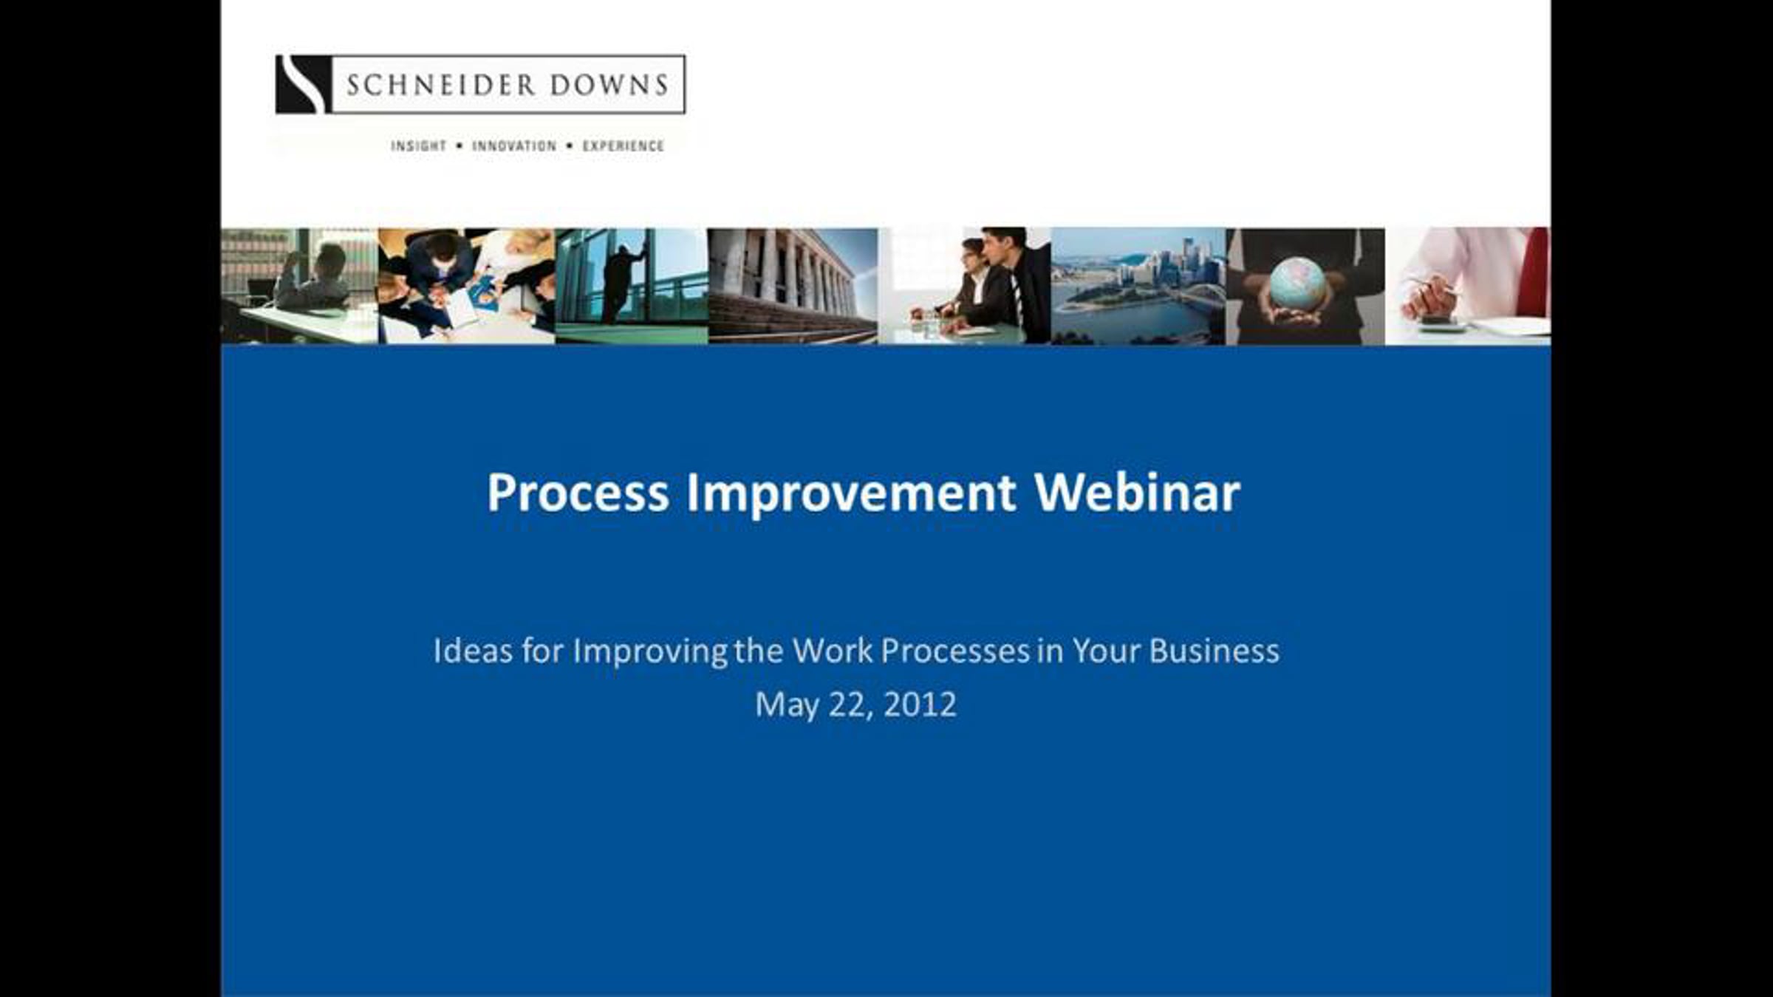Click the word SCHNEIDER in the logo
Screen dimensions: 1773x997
(440, 85)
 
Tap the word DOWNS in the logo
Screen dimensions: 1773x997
(609, 85)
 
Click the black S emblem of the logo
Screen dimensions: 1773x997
(303, 84)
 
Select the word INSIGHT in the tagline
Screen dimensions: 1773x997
(419, 146)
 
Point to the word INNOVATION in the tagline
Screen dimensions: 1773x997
(514, 146)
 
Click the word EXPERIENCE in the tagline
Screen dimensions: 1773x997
(624, 146)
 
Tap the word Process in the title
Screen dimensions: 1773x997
(578, 493)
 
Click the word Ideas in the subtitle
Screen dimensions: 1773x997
(472, 651)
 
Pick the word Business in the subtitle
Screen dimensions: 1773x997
(1214, 651)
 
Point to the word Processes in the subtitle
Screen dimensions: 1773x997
(955, 651)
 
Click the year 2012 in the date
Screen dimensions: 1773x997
(920, 705)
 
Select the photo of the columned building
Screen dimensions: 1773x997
(793, 286)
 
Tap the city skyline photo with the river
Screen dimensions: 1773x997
(1138, 286)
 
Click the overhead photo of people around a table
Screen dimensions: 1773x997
(466, 286)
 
